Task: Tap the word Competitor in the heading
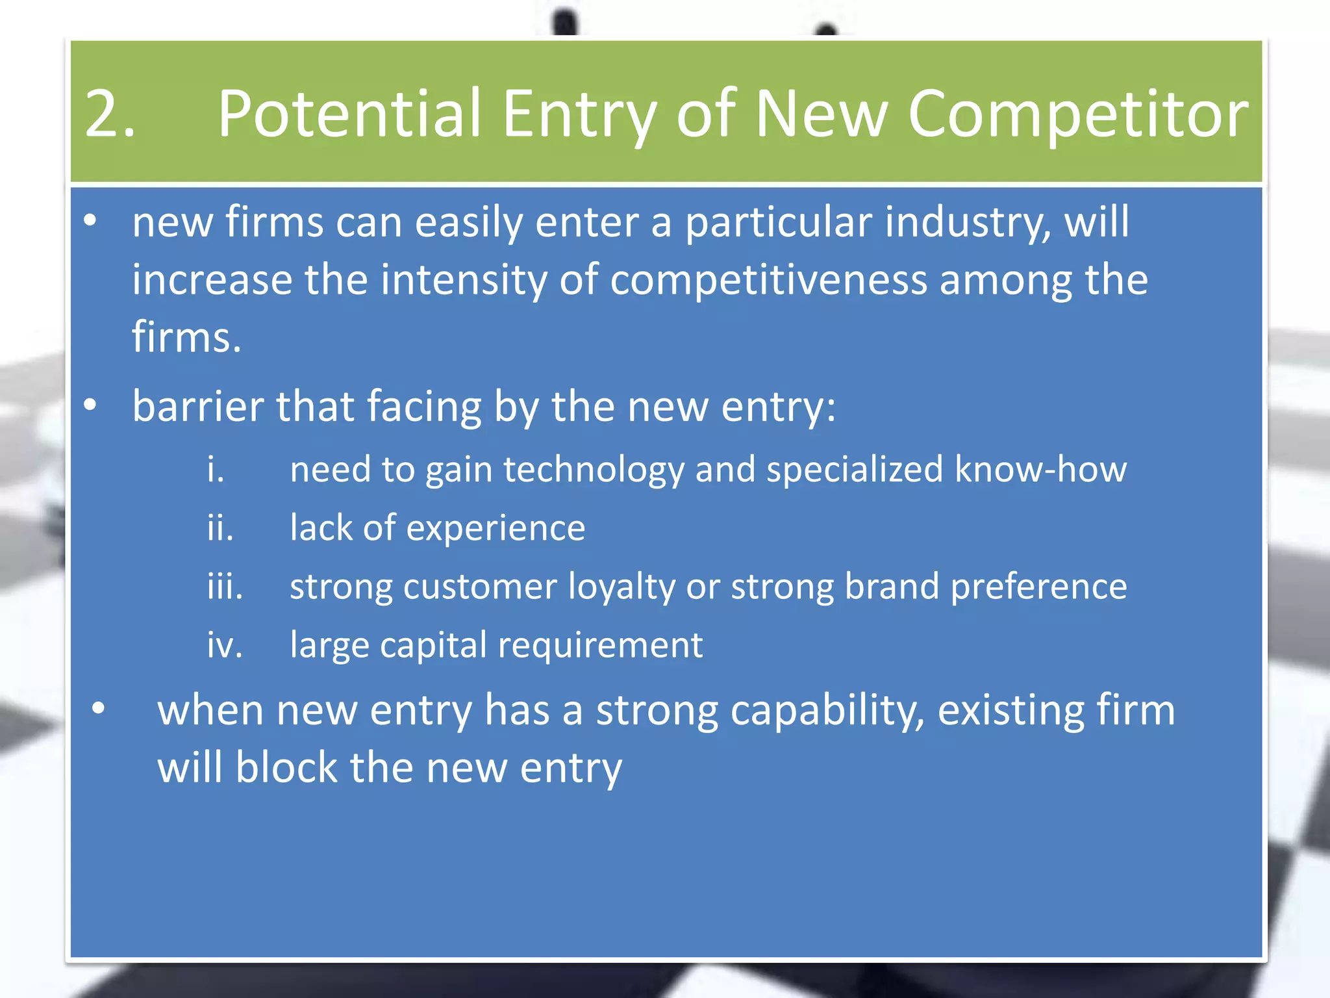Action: (x=1077, y=114)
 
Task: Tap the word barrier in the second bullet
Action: (x=198, y=406)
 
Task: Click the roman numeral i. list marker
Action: (x=215, y=469)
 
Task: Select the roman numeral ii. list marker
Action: (x=220, y=528)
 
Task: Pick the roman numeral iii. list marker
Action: (x=225, y=586)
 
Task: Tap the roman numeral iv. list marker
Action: (x=224, y=645)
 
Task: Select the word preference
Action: (x=1038, y=587)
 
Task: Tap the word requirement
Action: (x=600, y=645)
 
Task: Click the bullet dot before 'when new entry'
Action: (x=98, y=708)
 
